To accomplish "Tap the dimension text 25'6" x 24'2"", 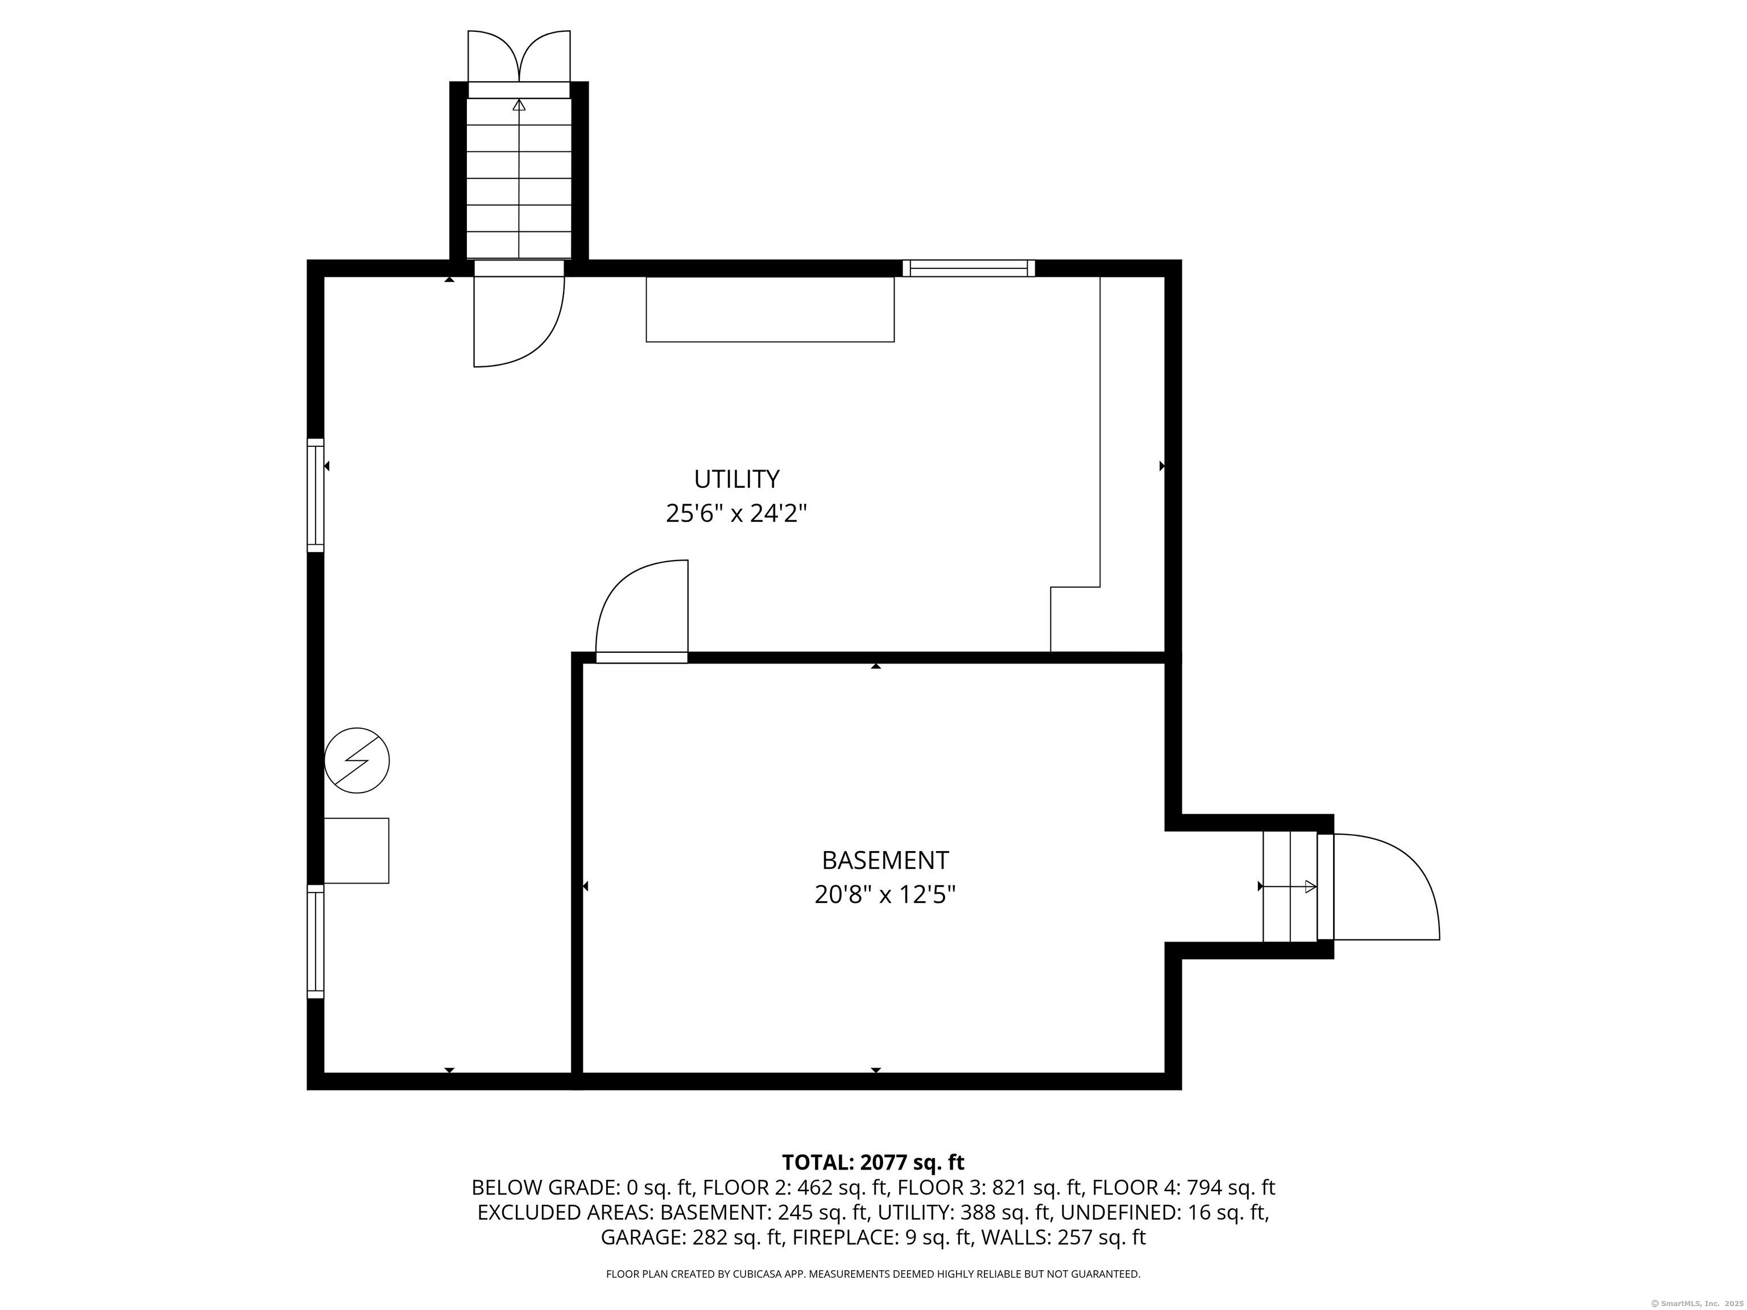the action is pyautogui.click(x=736, y=514).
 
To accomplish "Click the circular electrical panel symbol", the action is pyautogui.click(x=357, y=760).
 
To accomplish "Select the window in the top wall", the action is pyautogui.click(x=968, y=268).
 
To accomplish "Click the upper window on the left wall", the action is pyautogui.click(x=315, y=495).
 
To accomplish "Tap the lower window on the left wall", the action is pyautogui.click(x=315, y=941).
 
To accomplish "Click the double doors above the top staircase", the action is pyautogui.click(x=519, y=56).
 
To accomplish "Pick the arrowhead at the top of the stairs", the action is pyautogui.click(x=519, y=104).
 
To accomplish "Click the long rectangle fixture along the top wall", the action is pyautogui.click(x=770, y=309).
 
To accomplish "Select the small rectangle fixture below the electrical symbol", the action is pyautogui.click(x=356, y=851).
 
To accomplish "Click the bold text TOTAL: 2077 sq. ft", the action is pyautogui.click(x=873, y=1162).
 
